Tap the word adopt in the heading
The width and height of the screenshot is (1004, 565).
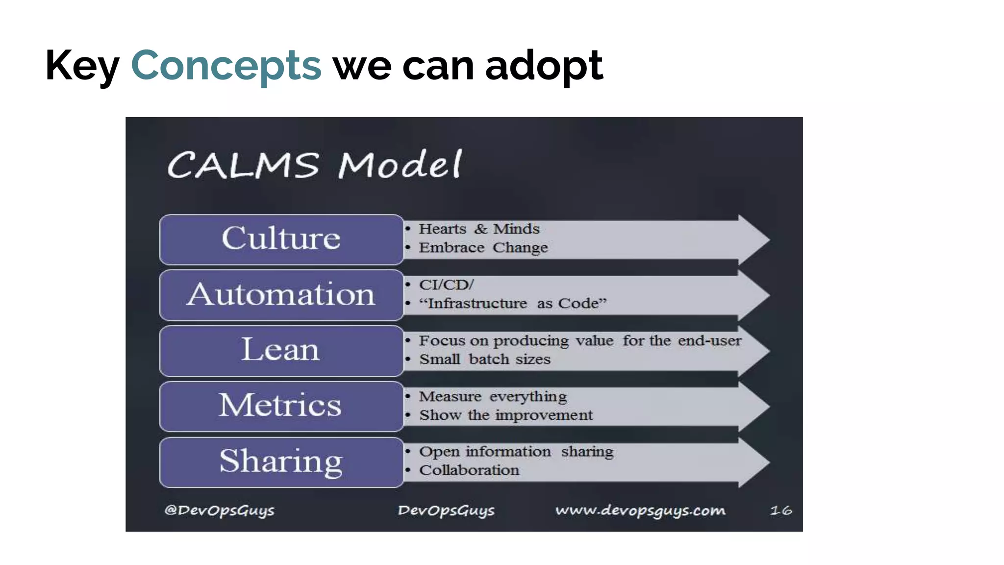[x=544, y=66]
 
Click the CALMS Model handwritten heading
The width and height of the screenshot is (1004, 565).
[x=314, y=164]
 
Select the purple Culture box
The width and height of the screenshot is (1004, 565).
[x=281, y=239]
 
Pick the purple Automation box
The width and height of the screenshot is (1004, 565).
[x=281, y=295]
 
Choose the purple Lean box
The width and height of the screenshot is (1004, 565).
[x=281, y=351]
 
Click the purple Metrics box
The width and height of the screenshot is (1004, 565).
[x=281, y=406]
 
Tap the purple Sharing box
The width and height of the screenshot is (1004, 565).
[x=281, y=462]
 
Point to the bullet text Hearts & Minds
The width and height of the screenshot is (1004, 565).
[x=479, y=229]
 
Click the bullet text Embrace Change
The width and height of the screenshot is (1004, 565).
[x=483, y=248]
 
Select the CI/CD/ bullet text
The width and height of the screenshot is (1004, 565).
[x=446, y=285]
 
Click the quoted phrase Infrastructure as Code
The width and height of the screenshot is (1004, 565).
[x=513, y=304]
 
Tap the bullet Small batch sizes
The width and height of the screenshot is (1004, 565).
[x=485, y=360]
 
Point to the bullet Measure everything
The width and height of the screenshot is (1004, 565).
[x=493, y=396]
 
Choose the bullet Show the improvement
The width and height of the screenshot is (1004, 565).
[x=506, y=415]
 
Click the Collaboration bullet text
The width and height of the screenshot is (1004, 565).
[x=469, y=470]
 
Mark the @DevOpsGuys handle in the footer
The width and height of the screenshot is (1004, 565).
[x=219, y=511]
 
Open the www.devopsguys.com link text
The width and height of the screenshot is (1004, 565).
[x=640, y=511]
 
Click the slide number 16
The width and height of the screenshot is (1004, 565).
[x=781, y=511]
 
